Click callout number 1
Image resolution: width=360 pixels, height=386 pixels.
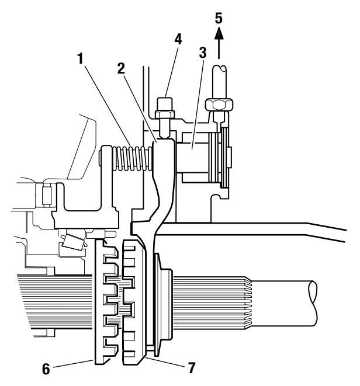tap(81, 59)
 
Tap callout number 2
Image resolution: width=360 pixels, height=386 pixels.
tap(121, 69)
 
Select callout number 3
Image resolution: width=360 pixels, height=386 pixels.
tap(203, 53)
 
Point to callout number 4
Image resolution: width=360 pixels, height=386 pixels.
tap(178, 39)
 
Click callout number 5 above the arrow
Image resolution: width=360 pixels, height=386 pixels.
tap(219, 18)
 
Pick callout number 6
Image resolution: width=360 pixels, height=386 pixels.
tap(46, 369)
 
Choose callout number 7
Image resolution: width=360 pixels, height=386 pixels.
tap(192, 368)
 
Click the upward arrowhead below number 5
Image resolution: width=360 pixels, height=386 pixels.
tap(219, 33)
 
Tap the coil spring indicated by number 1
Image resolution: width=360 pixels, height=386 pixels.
tap(132, 158)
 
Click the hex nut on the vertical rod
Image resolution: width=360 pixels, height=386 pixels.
tap(219, 105)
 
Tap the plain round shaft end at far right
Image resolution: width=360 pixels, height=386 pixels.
tap(283, 303)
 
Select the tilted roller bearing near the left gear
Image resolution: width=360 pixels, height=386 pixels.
tap(72, 242)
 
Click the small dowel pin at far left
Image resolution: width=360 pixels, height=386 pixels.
tap(47, 196)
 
